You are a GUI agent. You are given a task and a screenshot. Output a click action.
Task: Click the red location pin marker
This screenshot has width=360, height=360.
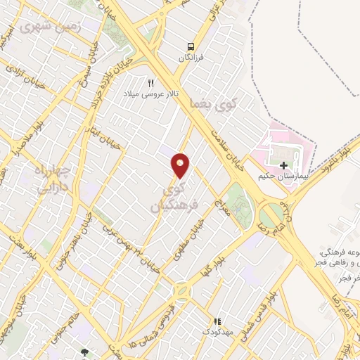coord(181,164)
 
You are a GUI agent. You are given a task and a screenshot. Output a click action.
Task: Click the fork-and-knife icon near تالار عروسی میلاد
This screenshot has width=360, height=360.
coord(150,82)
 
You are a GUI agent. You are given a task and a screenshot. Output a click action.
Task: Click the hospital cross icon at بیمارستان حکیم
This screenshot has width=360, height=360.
coord(283,167)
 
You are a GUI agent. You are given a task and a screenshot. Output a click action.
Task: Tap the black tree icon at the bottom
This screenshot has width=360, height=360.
coord(86,352)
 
